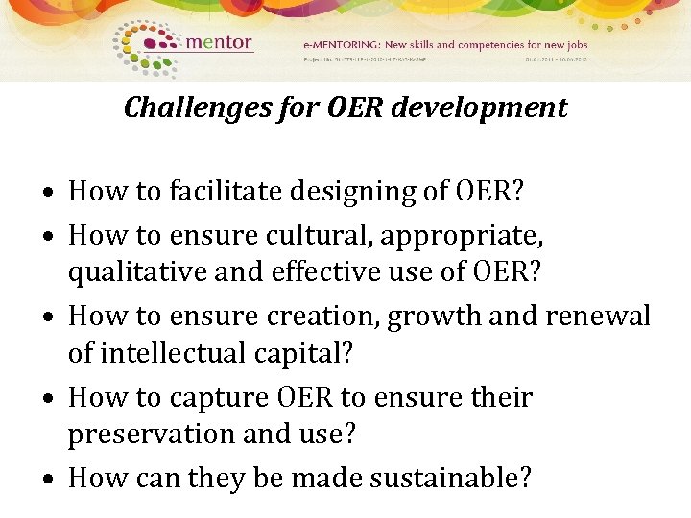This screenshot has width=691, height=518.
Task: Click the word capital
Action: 299,355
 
